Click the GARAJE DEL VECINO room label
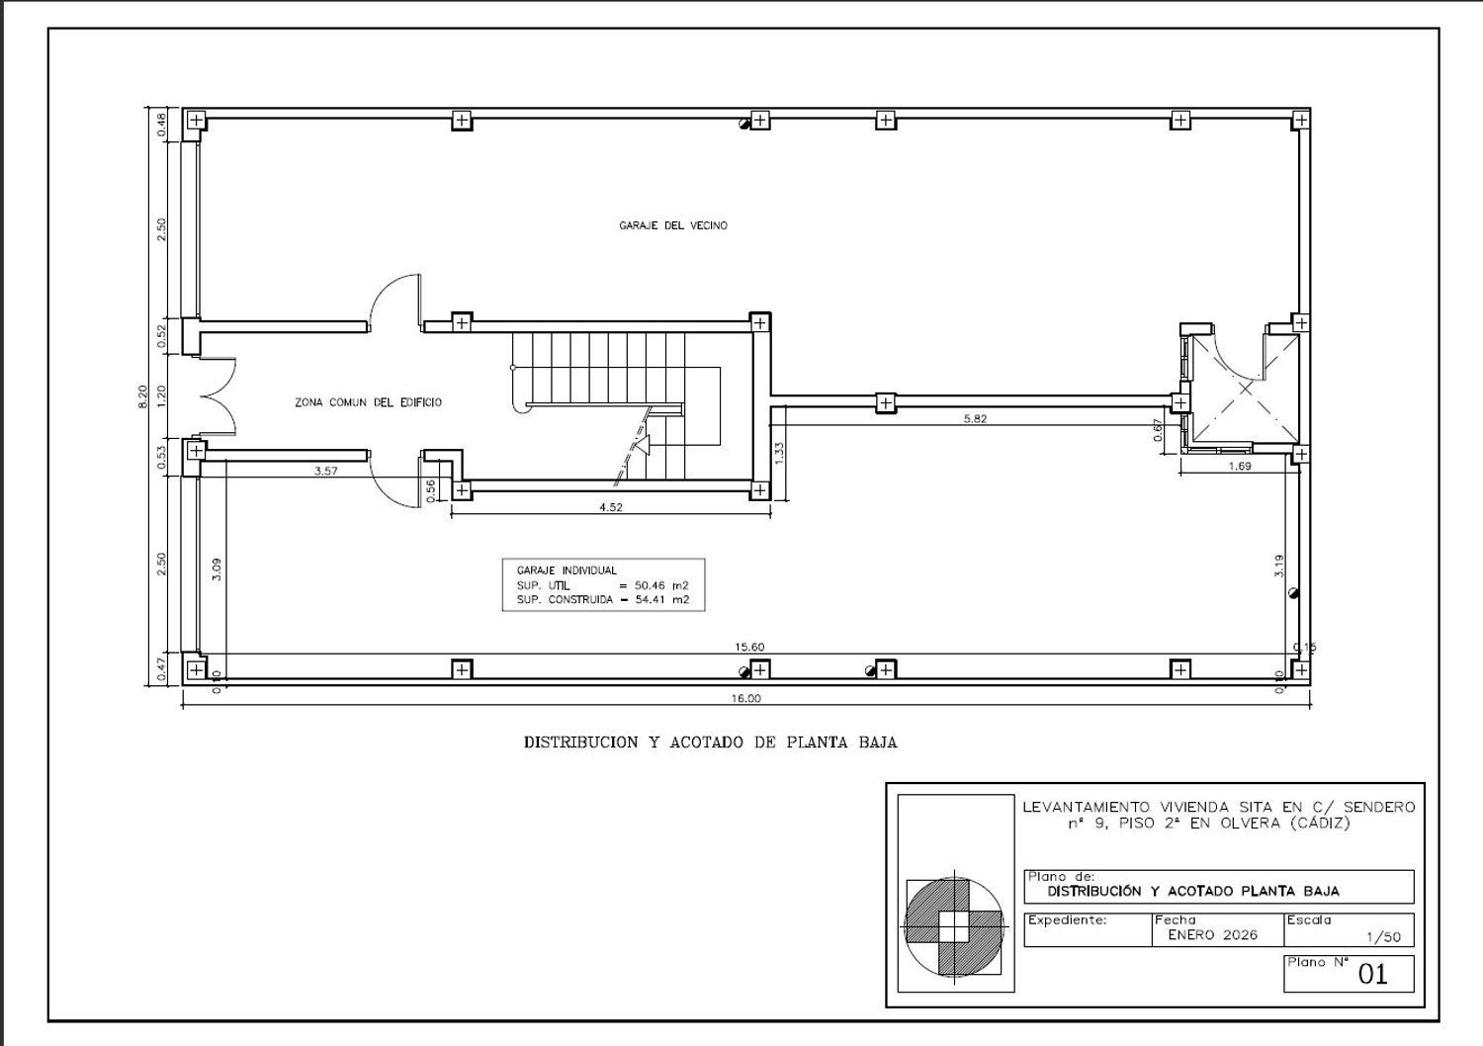point(672,225)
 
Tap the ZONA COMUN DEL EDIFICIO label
point(368,402)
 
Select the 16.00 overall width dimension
point(746,698)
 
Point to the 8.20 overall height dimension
point(143,396)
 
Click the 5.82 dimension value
point(975,418)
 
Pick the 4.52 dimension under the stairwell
point(611,508)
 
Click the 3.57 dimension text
point(325,472)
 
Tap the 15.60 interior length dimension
point(749,647)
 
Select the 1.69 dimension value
point(1240,466)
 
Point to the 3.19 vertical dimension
point(1278,567)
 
